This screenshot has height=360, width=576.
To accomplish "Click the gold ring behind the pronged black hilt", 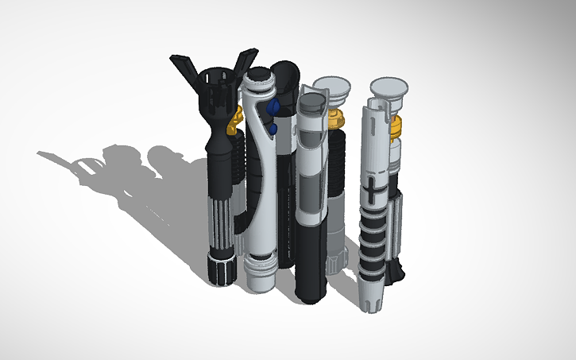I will coord(234,120).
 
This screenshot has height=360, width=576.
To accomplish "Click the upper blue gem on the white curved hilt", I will coord(274,107).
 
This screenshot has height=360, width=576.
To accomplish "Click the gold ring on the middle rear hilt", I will coord(337,120).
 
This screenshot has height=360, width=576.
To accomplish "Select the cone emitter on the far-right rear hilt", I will coord(390,87).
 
